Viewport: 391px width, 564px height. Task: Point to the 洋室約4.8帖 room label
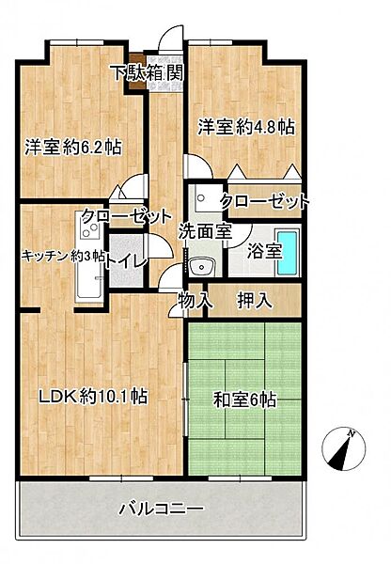244,125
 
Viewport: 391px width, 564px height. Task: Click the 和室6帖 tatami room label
244,399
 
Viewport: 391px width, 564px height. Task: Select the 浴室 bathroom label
264,251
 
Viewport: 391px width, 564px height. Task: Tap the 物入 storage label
195,301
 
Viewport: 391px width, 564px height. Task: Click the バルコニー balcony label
161,509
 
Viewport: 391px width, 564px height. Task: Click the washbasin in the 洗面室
197,267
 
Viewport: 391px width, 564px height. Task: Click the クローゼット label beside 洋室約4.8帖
265,201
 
